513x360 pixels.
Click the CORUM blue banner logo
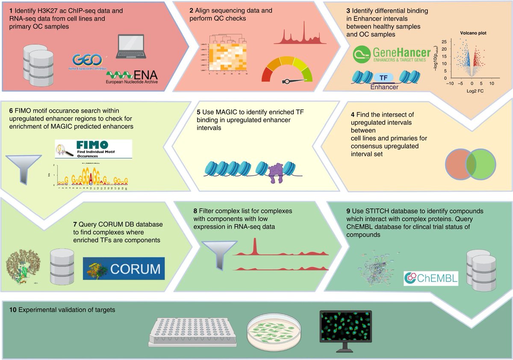tap(123, 269)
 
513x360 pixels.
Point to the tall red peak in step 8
tap(255, 246)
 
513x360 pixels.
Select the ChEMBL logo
tap(430, 278)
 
